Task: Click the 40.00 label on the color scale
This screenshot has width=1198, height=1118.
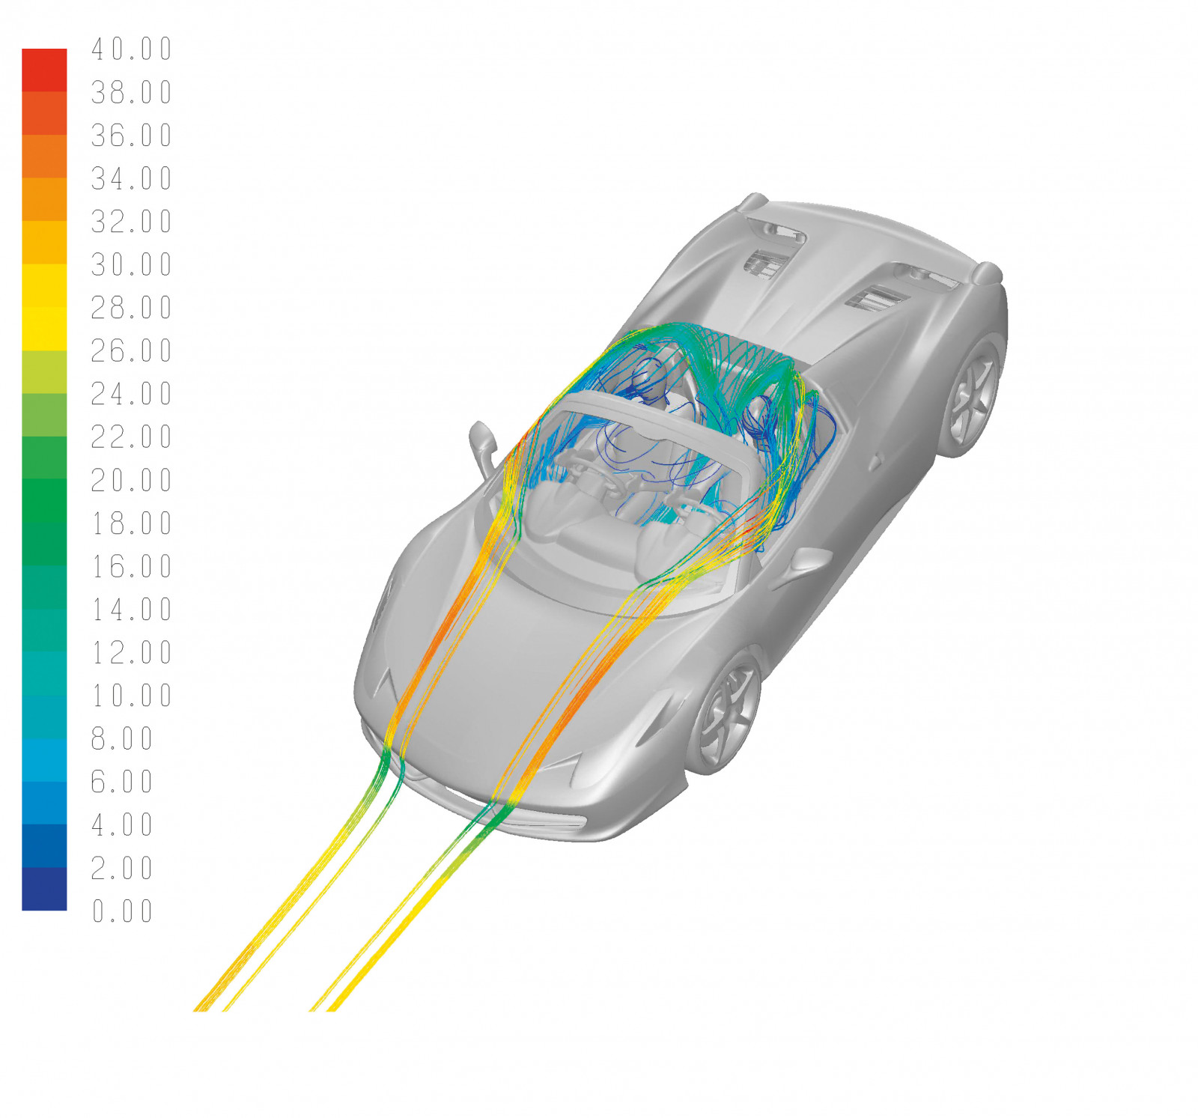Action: tap(132, 49)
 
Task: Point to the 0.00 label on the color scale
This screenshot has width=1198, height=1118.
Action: tap(122, 911)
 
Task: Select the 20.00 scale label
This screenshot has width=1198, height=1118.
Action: tap(132, 480)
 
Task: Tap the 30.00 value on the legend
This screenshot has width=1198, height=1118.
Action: tap(132, 264)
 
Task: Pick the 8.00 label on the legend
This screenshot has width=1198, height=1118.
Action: tap(122, 739)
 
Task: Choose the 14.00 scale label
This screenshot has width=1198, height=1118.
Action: tap(132, 610)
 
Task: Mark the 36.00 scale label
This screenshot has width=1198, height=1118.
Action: tap(132, 136)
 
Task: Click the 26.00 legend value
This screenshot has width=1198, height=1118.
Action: tap(132, 350)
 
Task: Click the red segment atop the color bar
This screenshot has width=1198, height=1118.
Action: tap(44, 70)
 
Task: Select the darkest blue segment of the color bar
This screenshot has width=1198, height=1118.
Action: tap(44, 889)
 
